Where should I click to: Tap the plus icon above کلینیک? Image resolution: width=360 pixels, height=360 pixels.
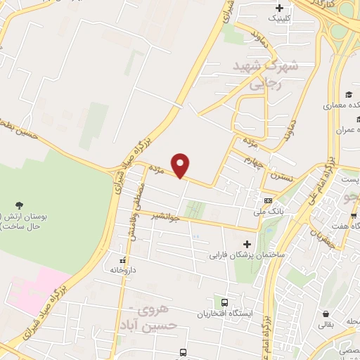[280, 8]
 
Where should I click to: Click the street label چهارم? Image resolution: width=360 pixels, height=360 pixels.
[254, 165]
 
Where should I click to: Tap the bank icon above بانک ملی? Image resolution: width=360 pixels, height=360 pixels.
[267, 200]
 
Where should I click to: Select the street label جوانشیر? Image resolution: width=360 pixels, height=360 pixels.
[166, 217]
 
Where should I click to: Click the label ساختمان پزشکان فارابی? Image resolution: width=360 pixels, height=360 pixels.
[245, 255]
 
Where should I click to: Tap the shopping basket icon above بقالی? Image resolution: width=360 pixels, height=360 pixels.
[326, 313]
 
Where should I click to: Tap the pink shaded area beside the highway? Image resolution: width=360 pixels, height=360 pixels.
[35, 288]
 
